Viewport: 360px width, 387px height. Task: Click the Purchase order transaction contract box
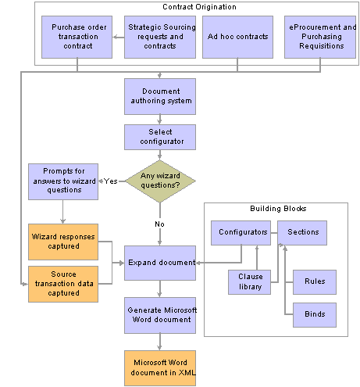pyautogui.click(x=77, y=37)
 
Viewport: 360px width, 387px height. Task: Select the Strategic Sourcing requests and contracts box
pyautogui.click(x=160, y=37)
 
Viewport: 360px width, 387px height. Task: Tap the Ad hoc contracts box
pyautogui.click(x=237, y=37)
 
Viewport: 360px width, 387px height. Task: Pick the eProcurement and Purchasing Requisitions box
pyautogui.click(x=320, y=37)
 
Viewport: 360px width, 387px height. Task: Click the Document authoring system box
pyautogui.click(x=160, y=96)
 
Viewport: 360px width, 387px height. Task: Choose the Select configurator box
pyautogui.click(x=160, y=137)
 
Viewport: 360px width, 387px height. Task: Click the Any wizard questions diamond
pyautogui.click(x=160, y=181)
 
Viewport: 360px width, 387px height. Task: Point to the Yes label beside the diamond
pyautogui.click(x=111, y=181)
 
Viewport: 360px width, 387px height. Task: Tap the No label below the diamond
pyautogui.click(x=159, y=224)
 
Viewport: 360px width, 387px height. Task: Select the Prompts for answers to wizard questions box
pyautogui.click(x=63, y=181)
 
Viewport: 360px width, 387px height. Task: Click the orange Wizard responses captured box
pyautogui.click(x=63, y=242)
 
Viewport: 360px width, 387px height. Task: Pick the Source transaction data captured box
pyautogui.click(x=63, y=284)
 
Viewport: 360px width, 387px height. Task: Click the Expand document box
pyautogui.click(x=160, y=263)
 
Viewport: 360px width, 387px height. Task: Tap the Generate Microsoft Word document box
pyautogui.click(x=160, y=315)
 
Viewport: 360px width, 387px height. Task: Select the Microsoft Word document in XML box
pyautogui.click(x=160, y=368)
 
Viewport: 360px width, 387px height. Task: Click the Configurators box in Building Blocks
pyautogui.click(x=241, y=233)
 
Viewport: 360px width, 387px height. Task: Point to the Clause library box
pyautogui.click(x=249, y=282)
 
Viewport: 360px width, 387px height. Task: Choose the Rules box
pyautogui.click(x=315, y=282)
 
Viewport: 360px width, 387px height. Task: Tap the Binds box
pyautogui.click(x=315, y=315)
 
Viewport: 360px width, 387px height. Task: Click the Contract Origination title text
pyautogui.click(x=199, y=7)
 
